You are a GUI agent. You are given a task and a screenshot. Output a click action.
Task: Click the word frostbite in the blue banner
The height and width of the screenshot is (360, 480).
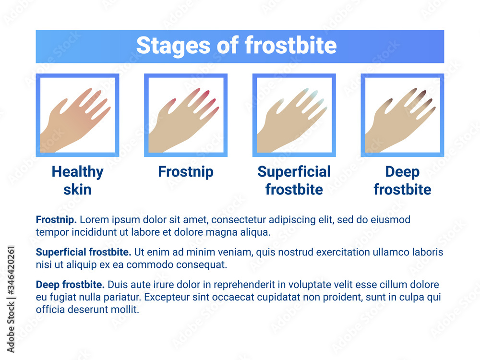291,45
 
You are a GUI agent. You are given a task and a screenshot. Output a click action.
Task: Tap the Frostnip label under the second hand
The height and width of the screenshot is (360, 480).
186,172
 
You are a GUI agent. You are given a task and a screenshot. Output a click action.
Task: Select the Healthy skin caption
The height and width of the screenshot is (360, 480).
77,180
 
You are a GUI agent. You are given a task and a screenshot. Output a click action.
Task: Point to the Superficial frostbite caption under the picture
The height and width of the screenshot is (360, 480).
294,180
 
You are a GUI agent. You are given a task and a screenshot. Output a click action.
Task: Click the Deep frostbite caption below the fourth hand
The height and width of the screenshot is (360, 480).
403,180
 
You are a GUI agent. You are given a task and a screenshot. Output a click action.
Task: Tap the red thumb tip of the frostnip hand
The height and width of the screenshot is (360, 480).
172,101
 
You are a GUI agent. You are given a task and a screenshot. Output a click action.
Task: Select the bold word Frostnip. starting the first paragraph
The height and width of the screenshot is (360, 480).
56,220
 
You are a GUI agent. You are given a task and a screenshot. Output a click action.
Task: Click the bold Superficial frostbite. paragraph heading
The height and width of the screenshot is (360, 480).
84,252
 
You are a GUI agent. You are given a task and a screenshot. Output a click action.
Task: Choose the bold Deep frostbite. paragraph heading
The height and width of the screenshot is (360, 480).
70,285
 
